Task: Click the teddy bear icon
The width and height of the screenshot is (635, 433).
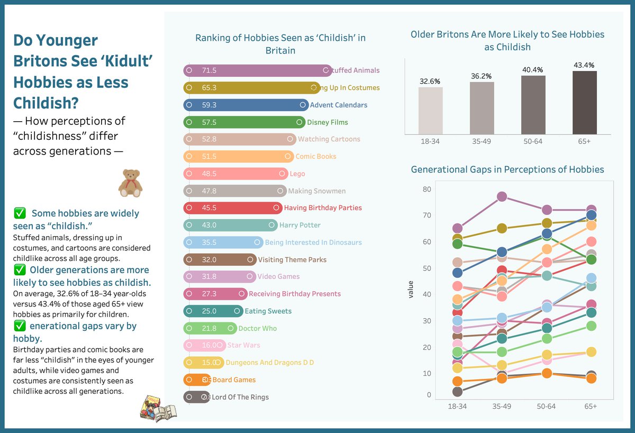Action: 130,183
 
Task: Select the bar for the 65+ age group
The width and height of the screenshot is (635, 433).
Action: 584,104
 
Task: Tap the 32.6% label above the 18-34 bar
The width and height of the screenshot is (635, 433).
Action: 430,82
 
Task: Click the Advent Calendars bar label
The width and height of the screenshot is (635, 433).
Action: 339,105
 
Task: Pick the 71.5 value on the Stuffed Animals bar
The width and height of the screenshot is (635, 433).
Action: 209,70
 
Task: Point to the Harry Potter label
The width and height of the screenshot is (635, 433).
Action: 300,225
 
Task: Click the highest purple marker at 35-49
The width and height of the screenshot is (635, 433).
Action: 502,196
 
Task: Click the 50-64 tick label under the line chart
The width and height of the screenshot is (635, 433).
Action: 546,406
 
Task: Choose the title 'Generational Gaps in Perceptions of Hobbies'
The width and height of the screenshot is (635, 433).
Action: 507,169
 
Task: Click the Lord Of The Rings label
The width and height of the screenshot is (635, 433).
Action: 240,397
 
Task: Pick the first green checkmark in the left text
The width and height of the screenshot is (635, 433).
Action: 20,214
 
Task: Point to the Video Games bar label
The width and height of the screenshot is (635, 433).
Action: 278,276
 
